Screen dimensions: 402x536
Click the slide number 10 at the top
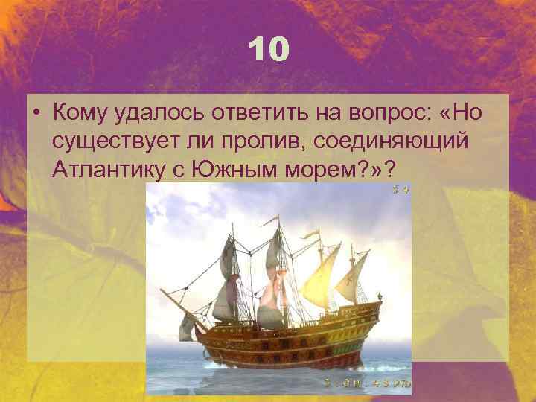point(267,50)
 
